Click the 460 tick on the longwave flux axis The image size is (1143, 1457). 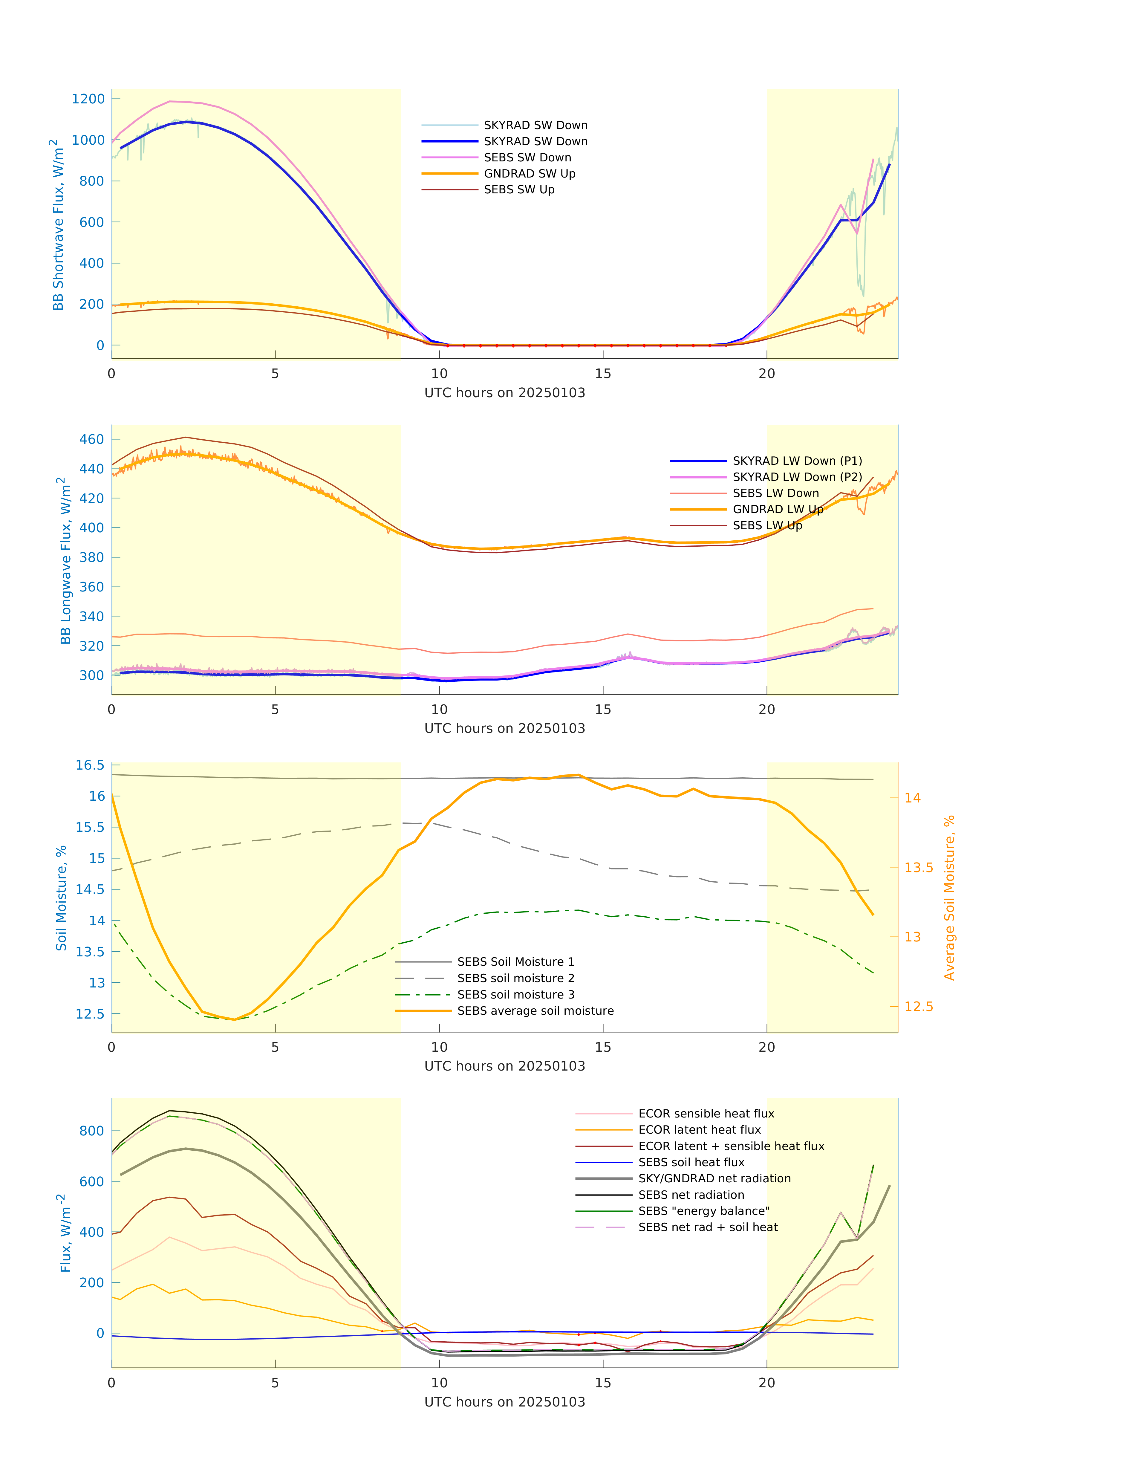(92, 440)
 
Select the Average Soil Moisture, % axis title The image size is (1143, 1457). (949, 898)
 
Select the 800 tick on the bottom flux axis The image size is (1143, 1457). (92, 1131)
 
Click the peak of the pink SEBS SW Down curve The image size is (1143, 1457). (171, 102)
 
